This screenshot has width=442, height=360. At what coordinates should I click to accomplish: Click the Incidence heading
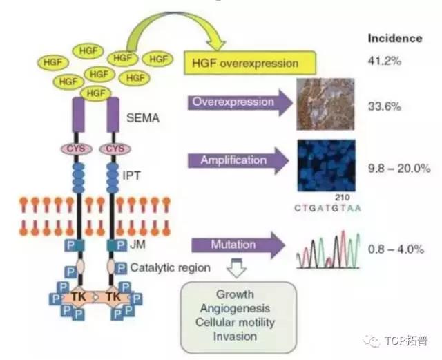click(x=395, y=39)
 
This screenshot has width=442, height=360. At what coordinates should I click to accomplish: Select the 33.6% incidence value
click(x=384, y=106)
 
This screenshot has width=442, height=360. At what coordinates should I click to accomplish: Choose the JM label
click(x=138, y=243)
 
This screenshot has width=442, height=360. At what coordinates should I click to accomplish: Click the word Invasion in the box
click(x=235, y=337)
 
